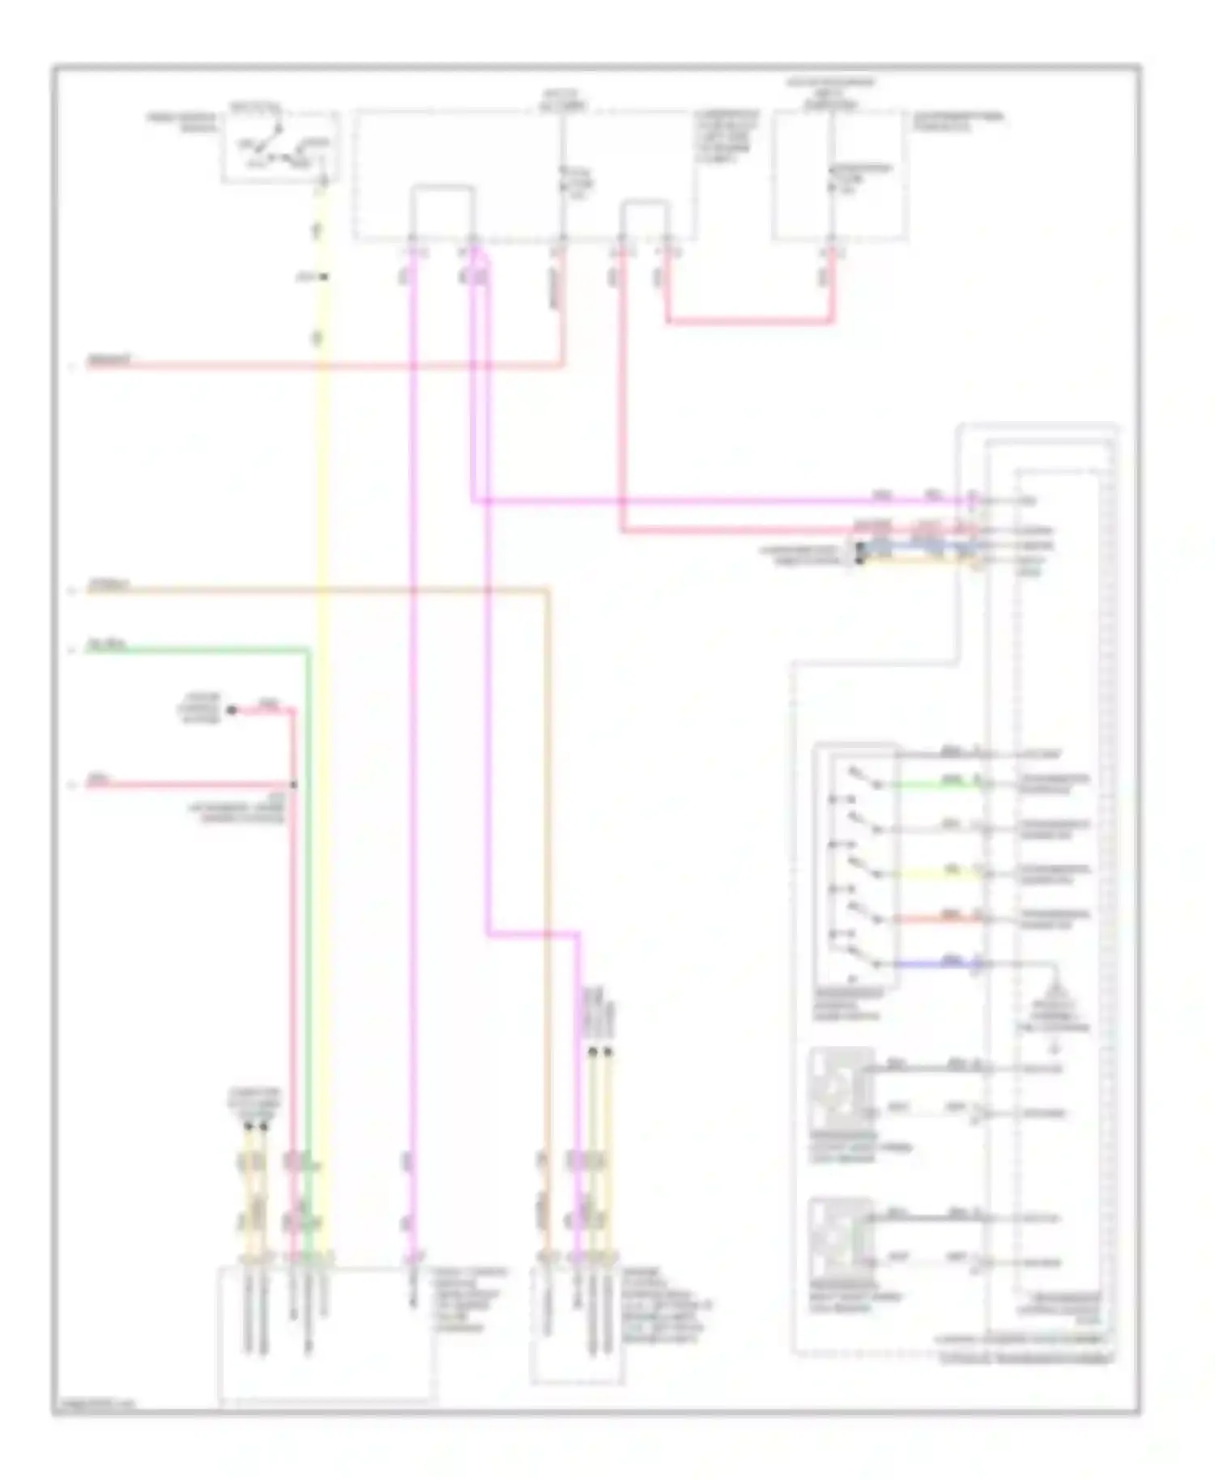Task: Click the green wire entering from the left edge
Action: coord(194,649)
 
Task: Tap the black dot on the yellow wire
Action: coord(323,277)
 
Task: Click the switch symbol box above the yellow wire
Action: coord(279,147)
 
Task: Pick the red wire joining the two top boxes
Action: coord(749,321)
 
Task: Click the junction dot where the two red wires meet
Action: coord(293,785)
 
